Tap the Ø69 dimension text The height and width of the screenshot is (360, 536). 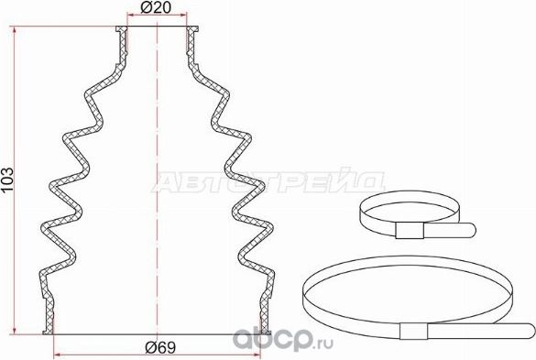[159, 346]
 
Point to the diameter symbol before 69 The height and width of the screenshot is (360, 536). [149, 346]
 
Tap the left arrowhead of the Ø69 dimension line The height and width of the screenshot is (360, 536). [59, 354]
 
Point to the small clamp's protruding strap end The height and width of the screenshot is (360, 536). [458, 229]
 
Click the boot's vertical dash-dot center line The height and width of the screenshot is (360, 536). [159, 183]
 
